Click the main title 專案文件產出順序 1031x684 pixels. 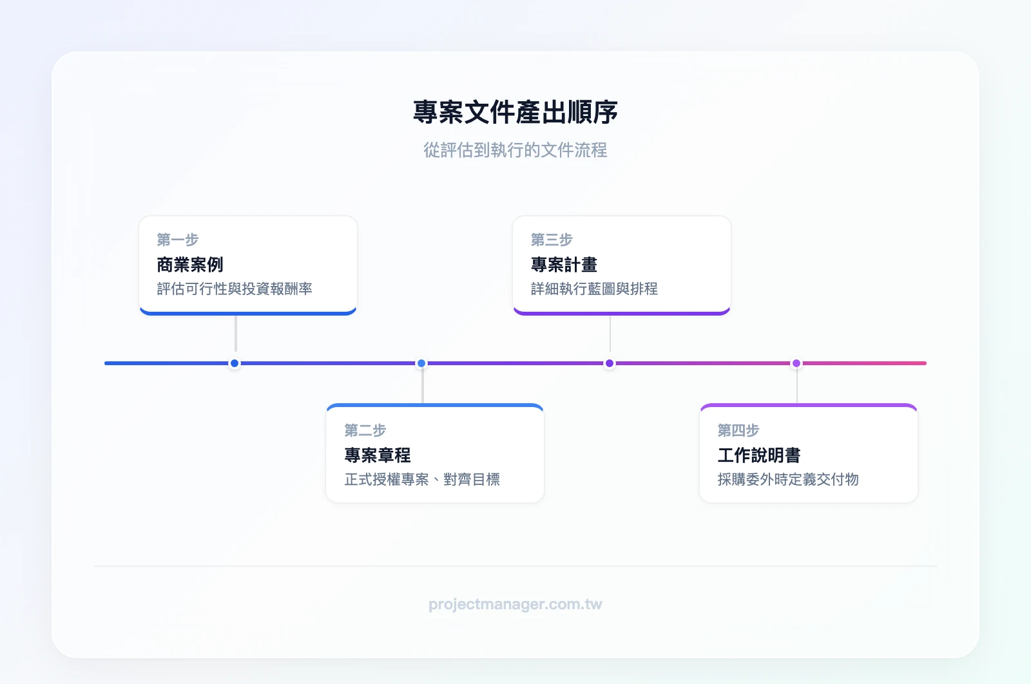515,113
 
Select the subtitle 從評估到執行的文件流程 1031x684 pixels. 515,150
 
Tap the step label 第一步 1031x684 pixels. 178,240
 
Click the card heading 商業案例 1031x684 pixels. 190,265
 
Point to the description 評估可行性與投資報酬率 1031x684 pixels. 235,289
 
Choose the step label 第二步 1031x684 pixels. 365,430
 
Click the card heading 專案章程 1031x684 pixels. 378,455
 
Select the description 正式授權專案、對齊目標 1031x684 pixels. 422,479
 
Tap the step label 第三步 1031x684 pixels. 552,240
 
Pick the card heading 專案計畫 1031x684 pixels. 564,265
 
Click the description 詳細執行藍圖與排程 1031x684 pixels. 594,289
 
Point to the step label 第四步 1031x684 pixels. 738,430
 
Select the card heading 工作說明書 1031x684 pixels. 759,455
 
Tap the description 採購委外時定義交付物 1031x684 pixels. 788,479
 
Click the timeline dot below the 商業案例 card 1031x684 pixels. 235,363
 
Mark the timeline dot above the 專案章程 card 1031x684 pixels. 421,363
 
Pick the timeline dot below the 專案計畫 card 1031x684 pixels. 610,363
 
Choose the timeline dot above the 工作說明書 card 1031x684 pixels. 796,363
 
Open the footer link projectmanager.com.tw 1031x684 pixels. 515,604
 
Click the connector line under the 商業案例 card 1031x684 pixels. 236,334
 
